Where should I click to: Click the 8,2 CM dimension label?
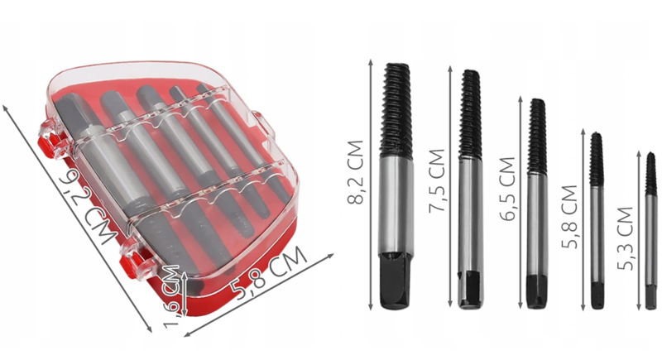(x=355, y=172)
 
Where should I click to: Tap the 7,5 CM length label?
(x=437, y=180)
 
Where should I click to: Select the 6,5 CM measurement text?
(x=507, y=189)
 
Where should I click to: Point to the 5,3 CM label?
(x=626, y=238)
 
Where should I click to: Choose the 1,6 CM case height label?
(x=172, y=296)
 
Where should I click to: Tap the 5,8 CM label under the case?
(x=269, y=272)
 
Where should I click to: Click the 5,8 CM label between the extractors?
(x=569, y=217)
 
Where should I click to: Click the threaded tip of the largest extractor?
(x=396, y=111)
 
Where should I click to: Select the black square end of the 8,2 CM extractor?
(x=395, y=281)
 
